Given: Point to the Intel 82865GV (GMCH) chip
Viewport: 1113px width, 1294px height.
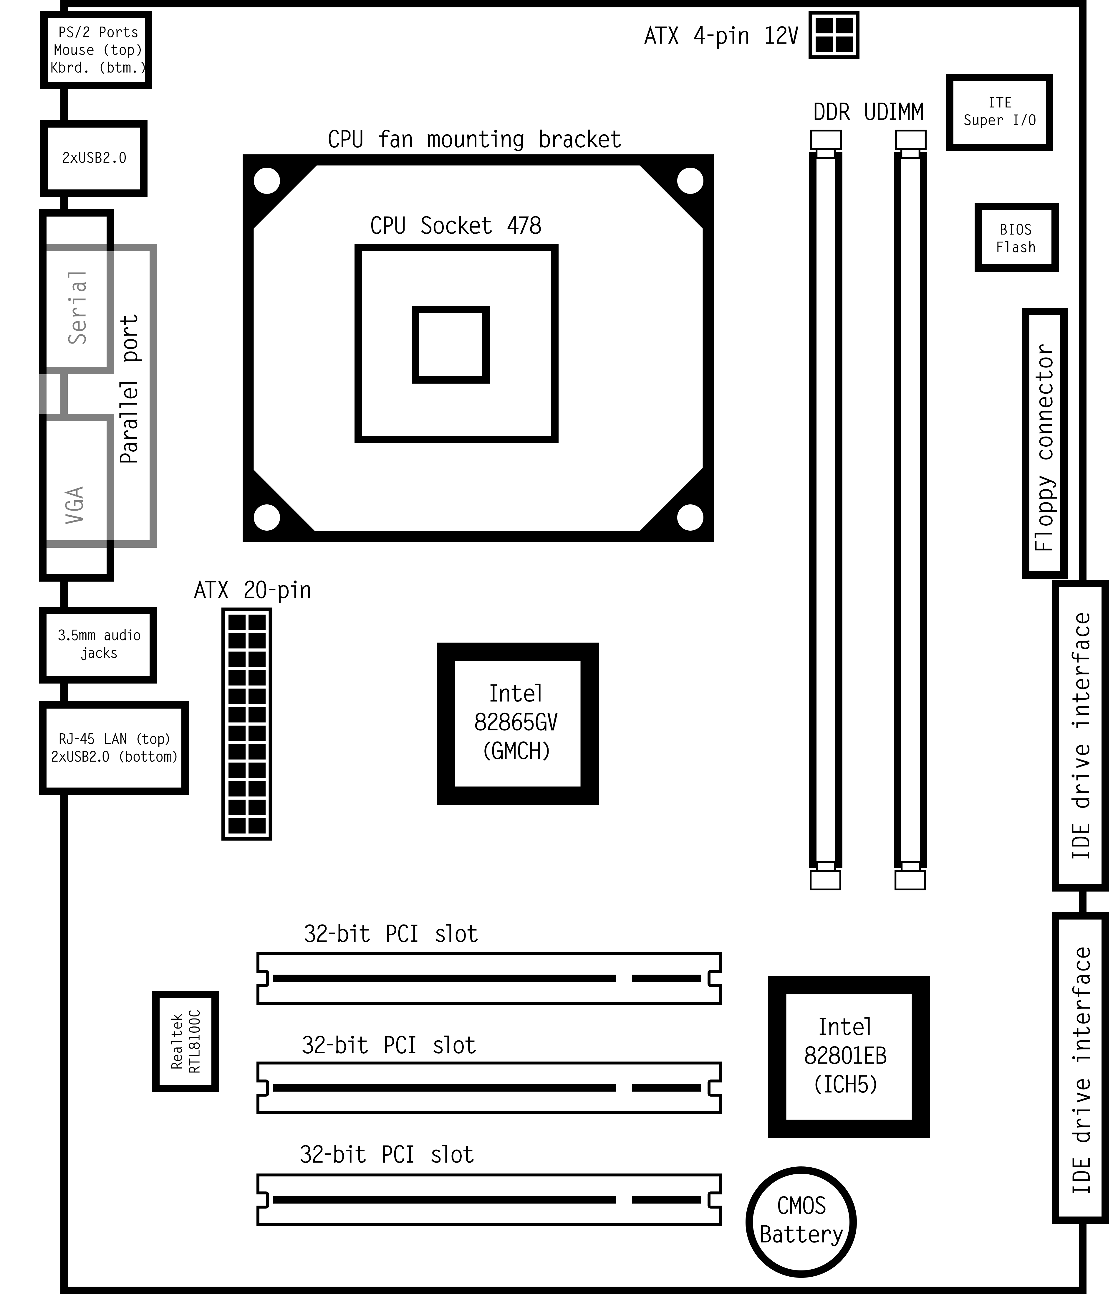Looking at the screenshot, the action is pos(517,723).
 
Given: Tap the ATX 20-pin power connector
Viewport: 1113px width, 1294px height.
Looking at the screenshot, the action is pos(246,724).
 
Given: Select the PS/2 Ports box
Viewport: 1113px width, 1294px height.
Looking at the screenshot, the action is pos(96,50).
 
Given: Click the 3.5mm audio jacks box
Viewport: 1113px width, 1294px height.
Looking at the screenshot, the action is pos(98,645).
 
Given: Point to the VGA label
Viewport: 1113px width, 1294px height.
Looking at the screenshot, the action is pos(75,505).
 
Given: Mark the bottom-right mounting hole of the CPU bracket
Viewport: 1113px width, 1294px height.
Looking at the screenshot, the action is pos(690,517).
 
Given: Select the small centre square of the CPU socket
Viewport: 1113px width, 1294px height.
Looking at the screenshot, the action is pos(451,344).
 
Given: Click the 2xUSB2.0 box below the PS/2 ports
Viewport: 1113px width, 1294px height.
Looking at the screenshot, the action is pos(94,158).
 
